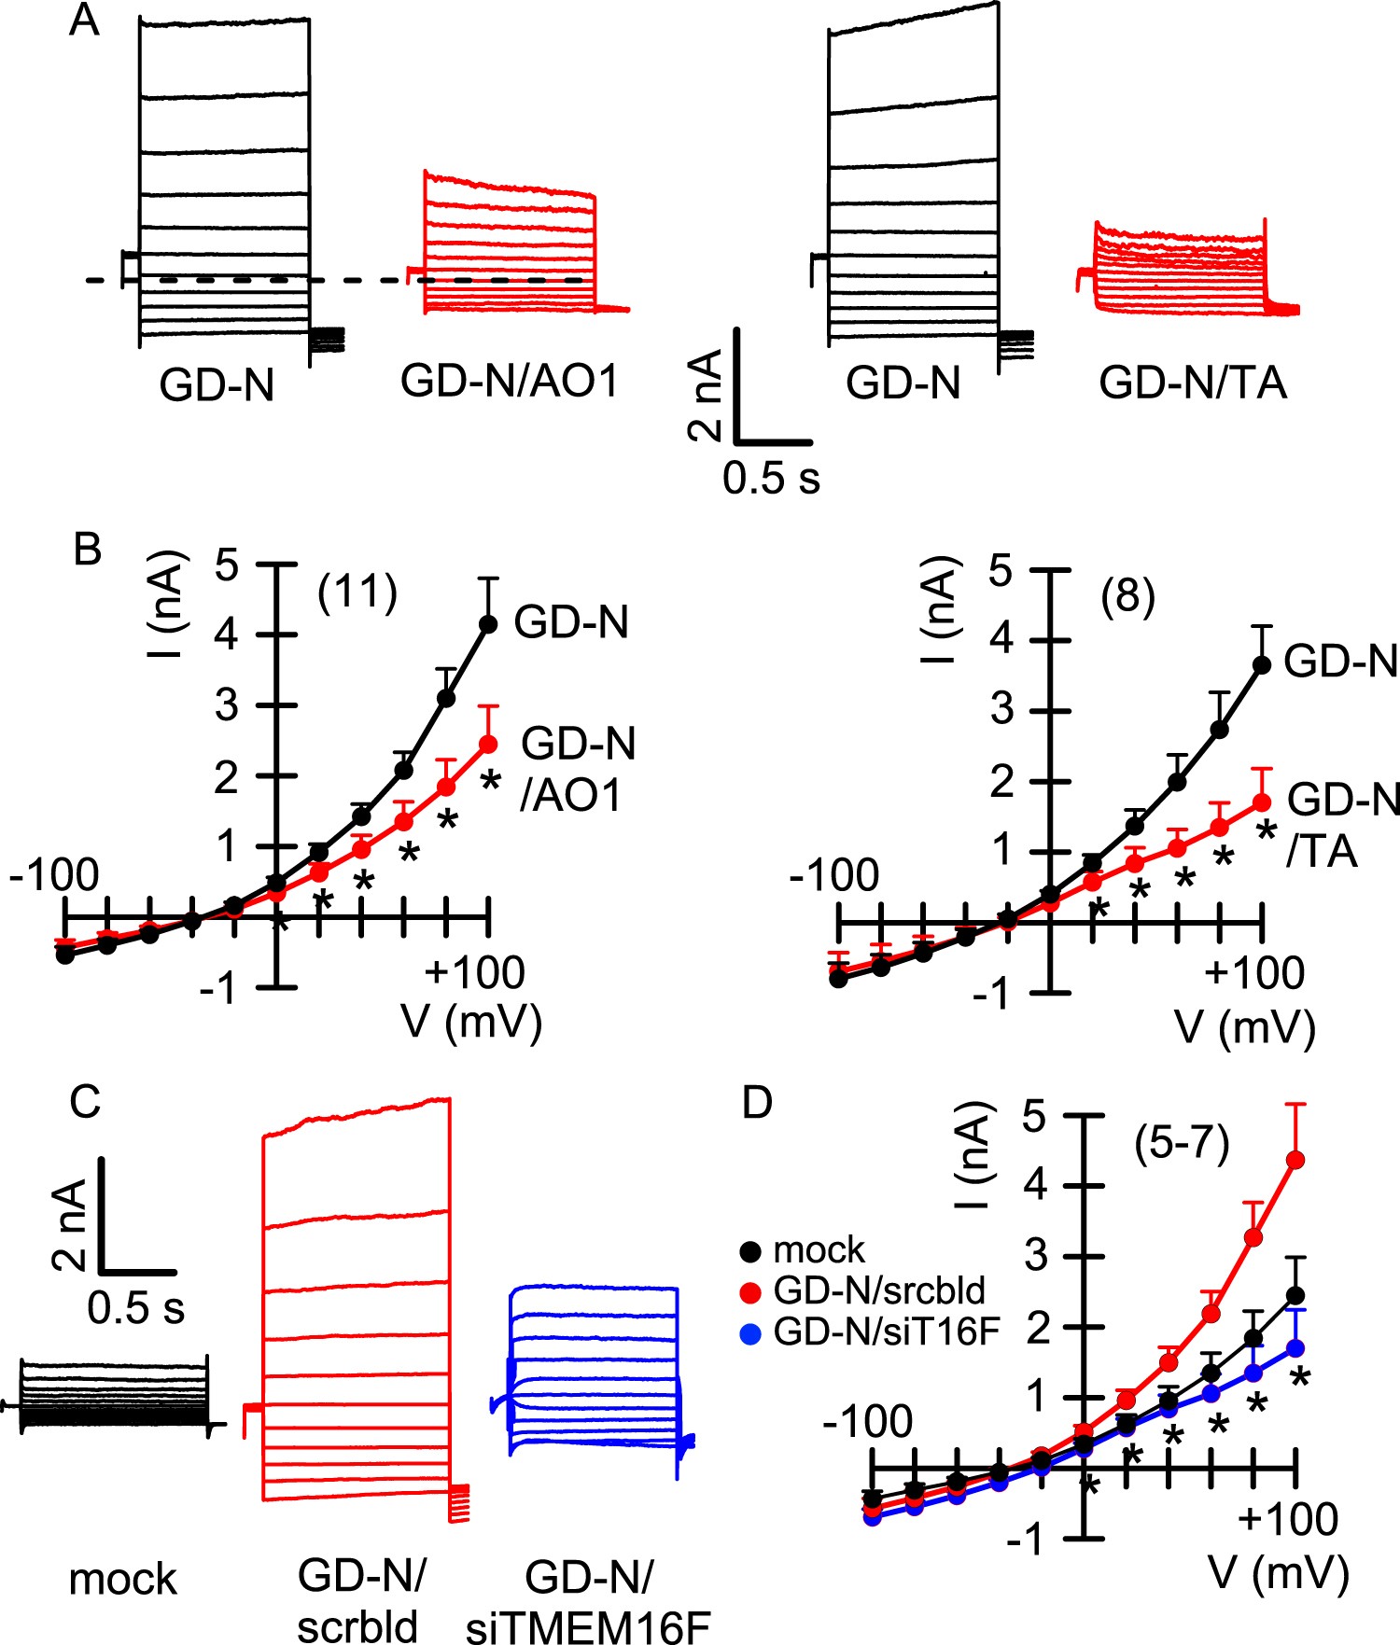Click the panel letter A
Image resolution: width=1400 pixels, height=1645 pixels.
[x=85, y=21]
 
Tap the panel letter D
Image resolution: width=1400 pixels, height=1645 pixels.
[x=757, y=1103]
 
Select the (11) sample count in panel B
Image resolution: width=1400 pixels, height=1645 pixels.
[x=357, y=593]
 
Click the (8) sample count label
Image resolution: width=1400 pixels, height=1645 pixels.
[x=1127, y=596]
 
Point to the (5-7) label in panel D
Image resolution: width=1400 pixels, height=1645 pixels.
[x=1182, y=1143]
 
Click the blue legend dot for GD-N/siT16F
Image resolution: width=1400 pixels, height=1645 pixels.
[x=750, y=1331]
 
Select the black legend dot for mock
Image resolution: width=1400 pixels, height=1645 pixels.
[x=750, y=1249]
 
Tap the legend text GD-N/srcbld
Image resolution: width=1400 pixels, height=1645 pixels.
[x=879, y=1290]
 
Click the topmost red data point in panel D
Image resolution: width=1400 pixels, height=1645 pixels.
[x=1295, y=1160]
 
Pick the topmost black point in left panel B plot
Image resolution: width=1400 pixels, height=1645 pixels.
[x=487, y=623]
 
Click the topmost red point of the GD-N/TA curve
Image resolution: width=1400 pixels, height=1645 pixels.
[x=1261, y=802]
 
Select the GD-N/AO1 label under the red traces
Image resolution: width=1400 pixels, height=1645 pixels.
[x=510, y=381]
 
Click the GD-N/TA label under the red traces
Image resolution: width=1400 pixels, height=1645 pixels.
[x=1193, y=383]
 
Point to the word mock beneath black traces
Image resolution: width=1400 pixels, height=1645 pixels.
[x=123, y=1579]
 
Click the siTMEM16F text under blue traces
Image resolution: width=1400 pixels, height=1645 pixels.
[x=588, y=1628]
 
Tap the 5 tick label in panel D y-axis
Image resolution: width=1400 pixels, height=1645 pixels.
[x=1034, y=1117]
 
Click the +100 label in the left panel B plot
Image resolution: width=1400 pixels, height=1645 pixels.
[x=475, y=972]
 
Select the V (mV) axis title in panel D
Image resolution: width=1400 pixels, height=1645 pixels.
[x=1279, y=1572]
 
